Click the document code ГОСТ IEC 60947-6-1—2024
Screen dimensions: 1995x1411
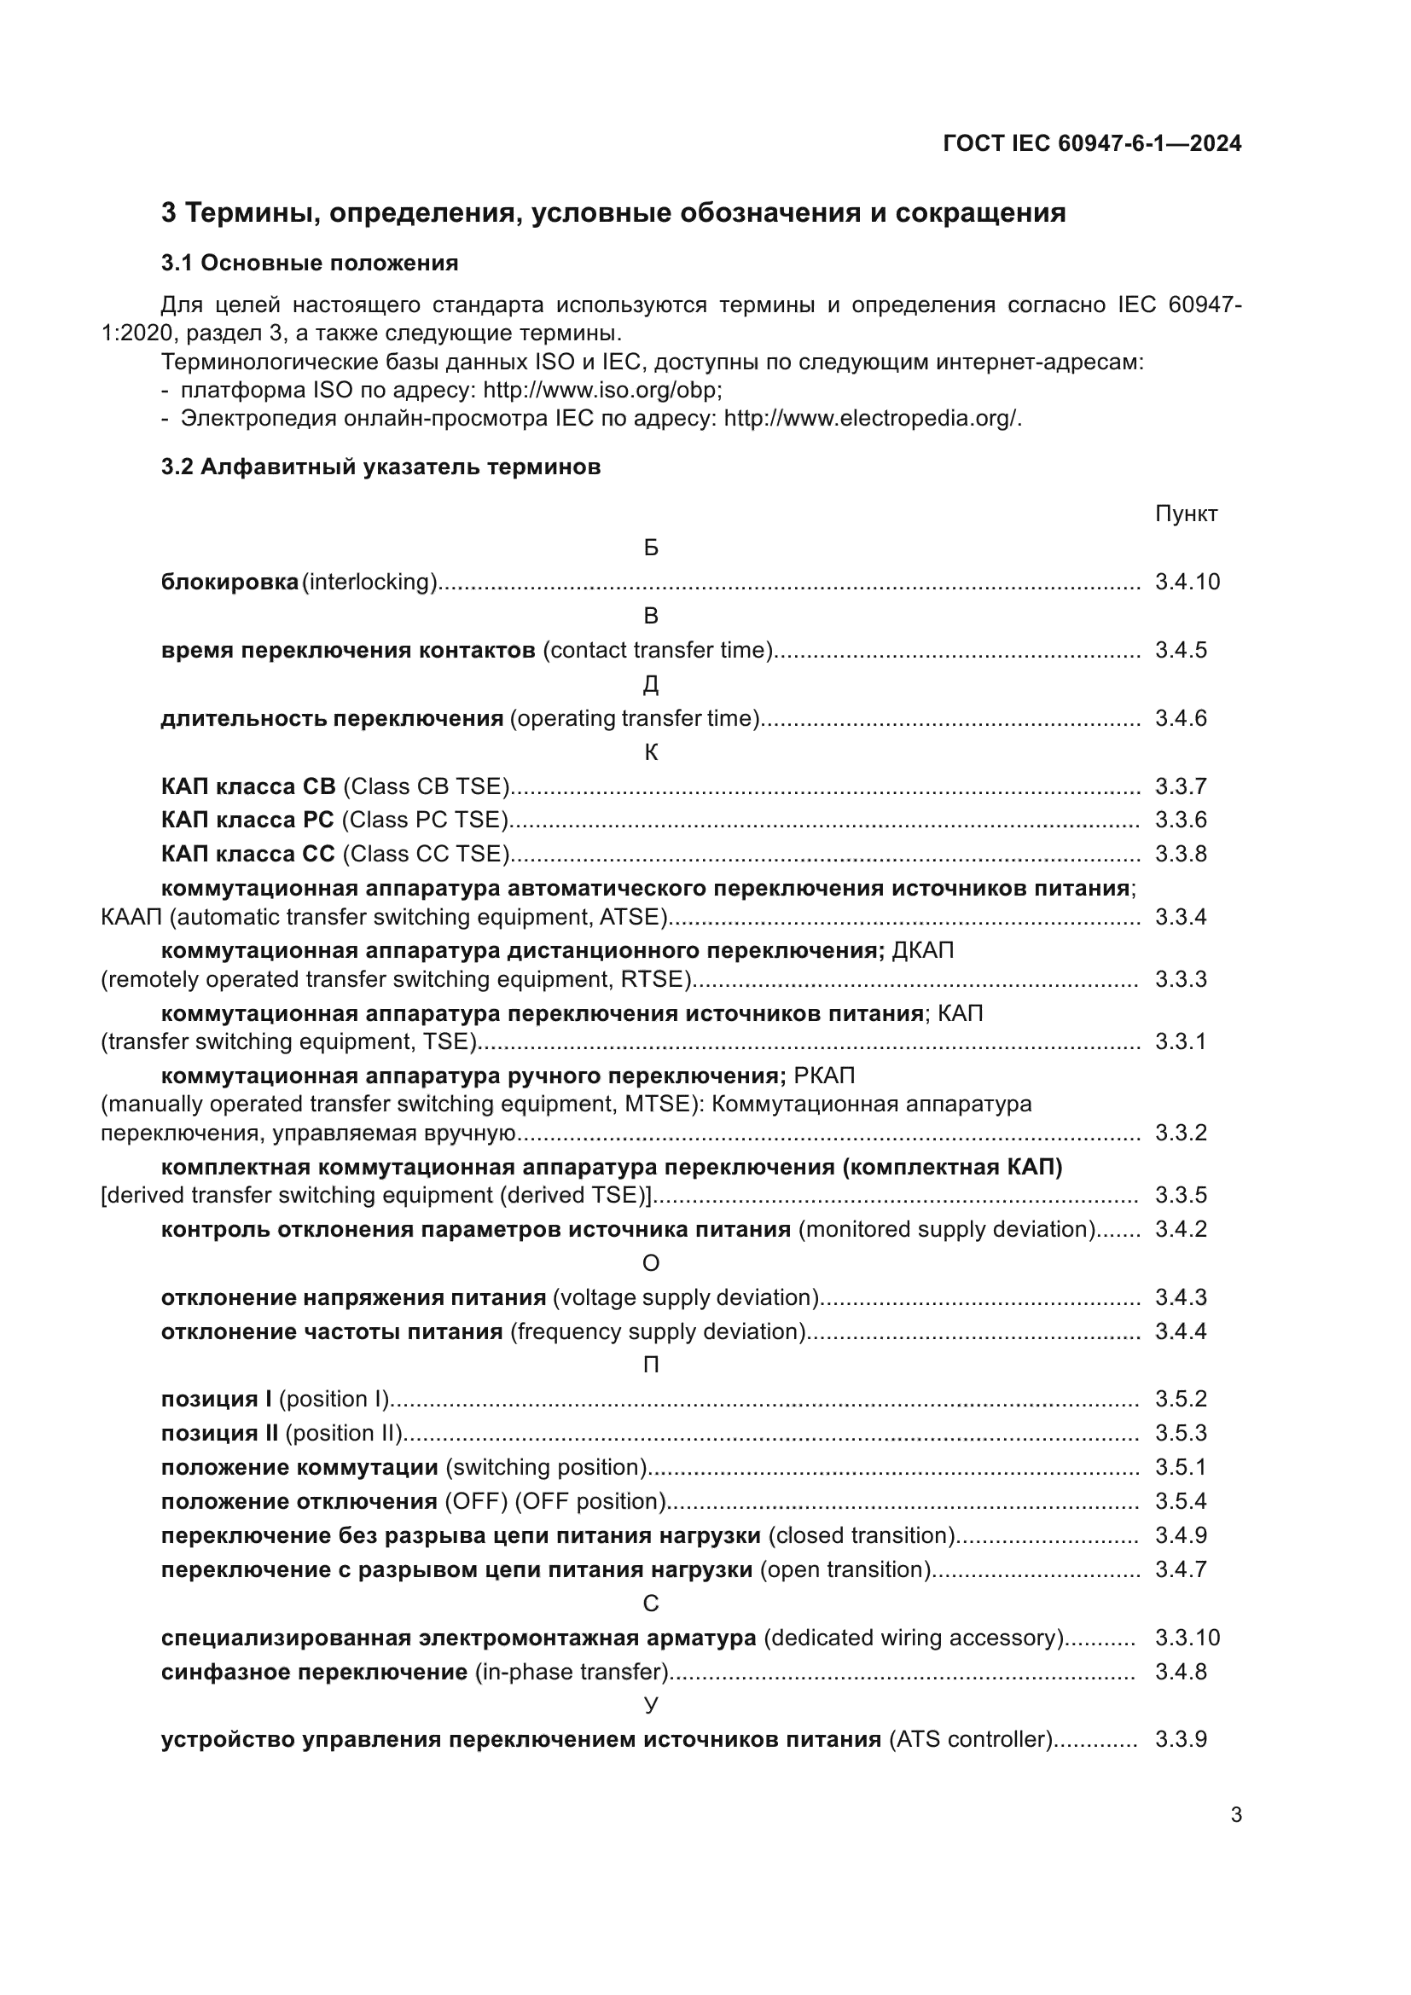(1092, 143)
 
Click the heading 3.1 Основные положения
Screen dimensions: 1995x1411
(310, 264)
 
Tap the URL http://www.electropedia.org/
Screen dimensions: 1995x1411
(872, 419)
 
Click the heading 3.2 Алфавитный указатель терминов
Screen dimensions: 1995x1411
(380, 467)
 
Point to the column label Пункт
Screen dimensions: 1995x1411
(1186, 513)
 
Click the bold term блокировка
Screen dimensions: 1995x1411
(229, 583)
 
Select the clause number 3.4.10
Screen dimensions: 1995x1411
(1187, 583)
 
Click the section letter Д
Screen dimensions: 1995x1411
(651, 686)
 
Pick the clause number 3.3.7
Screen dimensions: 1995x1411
(1181, 786)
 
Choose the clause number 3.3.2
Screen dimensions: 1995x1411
(1181, 1133)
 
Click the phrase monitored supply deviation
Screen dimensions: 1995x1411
(946, 1230)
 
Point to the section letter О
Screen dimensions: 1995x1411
(651, 1263)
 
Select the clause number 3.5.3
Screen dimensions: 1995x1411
(1181, 1433)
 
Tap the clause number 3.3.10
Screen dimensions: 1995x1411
(1187, 1638)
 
